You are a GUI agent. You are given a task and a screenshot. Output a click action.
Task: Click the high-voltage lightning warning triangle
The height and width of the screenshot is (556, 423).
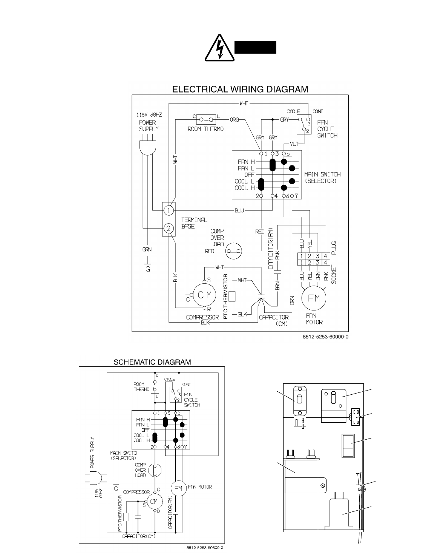[x=219, y=48]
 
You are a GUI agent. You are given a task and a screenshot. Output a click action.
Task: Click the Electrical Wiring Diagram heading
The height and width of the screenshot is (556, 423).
[x=240, y=90]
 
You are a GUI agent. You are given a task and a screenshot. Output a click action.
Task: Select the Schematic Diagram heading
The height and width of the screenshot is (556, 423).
[x=152, y=362]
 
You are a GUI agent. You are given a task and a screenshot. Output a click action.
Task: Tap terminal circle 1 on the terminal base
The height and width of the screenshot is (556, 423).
[x=170, y=210]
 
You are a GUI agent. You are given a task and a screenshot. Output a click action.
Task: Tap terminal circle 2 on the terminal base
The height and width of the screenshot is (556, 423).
[x=170, y=228]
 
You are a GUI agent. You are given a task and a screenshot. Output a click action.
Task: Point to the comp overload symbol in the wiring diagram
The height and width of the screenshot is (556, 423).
[x=234, y=251]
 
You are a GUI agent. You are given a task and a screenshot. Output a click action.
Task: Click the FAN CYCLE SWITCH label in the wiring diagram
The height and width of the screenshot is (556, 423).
[x=327, y=129]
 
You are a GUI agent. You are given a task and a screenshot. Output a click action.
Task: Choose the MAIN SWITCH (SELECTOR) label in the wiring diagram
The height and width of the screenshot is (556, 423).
[x=322, y=178]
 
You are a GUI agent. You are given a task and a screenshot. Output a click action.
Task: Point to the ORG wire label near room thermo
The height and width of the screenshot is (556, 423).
[x=234, y=120]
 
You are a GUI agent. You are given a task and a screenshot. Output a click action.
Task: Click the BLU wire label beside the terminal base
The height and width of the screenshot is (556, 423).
[x=239, y=210]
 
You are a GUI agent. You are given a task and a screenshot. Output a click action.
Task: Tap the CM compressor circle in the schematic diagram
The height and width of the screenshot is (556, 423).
[x=154, y=501]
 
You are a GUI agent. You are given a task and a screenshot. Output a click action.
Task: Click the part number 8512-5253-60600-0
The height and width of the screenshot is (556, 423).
[x=205, y=547]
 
